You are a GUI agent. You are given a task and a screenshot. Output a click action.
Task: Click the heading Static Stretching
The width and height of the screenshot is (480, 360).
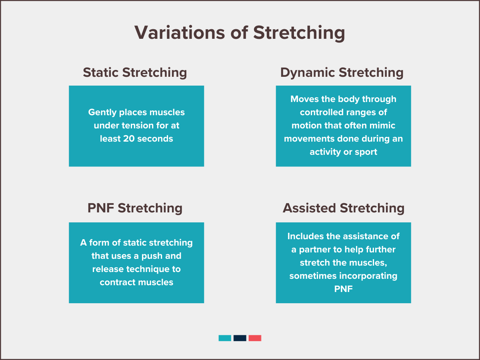(x=135, y=72)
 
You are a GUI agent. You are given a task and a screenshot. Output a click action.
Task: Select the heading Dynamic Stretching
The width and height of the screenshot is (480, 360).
(x=342, y=72)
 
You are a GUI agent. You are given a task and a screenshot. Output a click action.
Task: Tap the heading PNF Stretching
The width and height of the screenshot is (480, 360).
(x=135, y=208)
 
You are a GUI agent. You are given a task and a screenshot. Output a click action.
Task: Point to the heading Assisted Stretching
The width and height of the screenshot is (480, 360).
(x=344, y=208)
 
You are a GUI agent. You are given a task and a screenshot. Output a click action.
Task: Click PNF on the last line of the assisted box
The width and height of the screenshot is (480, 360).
(x=344, y=289)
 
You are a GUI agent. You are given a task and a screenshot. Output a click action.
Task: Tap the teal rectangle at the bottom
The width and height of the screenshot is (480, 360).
(x=225, y=338)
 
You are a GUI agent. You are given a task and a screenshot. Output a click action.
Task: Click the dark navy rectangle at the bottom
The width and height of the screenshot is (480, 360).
(x=240, y=338)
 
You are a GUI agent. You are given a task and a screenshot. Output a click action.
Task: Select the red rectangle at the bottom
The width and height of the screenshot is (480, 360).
(x=255, y=338)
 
